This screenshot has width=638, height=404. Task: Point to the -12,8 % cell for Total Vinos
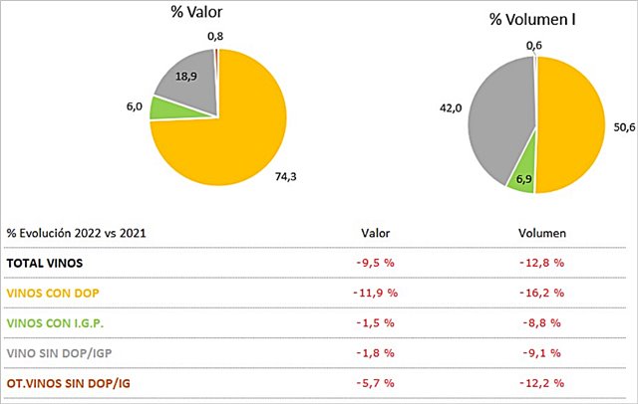pos(542,263)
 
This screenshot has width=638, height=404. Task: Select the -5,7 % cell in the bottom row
pos(377,382)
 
